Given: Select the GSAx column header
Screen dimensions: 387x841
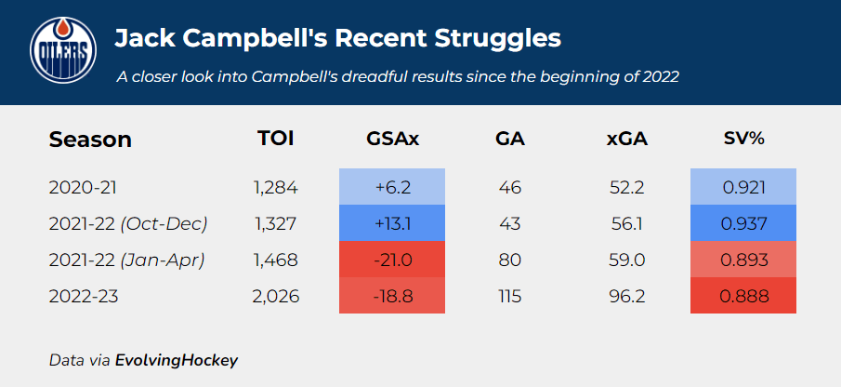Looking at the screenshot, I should (x=392, y=140).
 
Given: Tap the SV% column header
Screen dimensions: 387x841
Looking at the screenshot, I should (x=743, y=140).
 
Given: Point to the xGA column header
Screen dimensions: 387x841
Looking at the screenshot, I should (x=626, y=140).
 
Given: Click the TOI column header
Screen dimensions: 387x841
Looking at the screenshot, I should (x=276, y=140).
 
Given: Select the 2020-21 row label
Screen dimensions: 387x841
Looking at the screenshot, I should (x=83, y=188).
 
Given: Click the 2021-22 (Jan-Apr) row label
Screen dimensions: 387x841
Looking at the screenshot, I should (x=127, y=260).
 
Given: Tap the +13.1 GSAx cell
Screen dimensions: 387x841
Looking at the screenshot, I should (x=392, y=224).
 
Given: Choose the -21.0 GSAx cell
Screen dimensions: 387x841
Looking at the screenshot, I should (x=392, y=260).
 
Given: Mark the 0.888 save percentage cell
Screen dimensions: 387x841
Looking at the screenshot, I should (x=743, y=297).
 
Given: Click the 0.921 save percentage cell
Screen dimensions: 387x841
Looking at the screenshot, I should (x=743, y=188).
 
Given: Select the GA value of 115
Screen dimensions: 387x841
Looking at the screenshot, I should (x=510, y=297).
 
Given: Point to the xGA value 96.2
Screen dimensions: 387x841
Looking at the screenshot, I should (x=626, y=297).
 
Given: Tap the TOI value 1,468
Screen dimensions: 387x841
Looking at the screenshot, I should (x=276, y=260).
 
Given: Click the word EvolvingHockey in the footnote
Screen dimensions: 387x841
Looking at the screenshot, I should (x=177, y=359).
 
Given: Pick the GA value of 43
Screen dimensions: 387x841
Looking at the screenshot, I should (x=510, y=224).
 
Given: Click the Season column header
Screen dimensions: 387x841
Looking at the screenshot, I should (x=90, y=140).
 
